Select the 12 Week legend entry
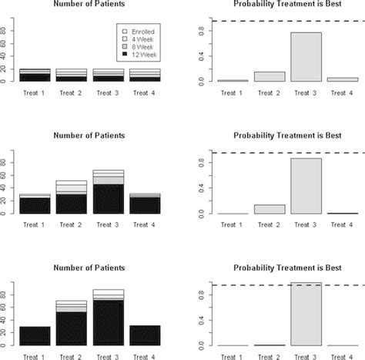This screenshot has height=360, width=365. (137, 54)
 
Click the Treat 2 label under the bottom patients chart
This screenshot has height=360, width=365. (70, 355)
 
